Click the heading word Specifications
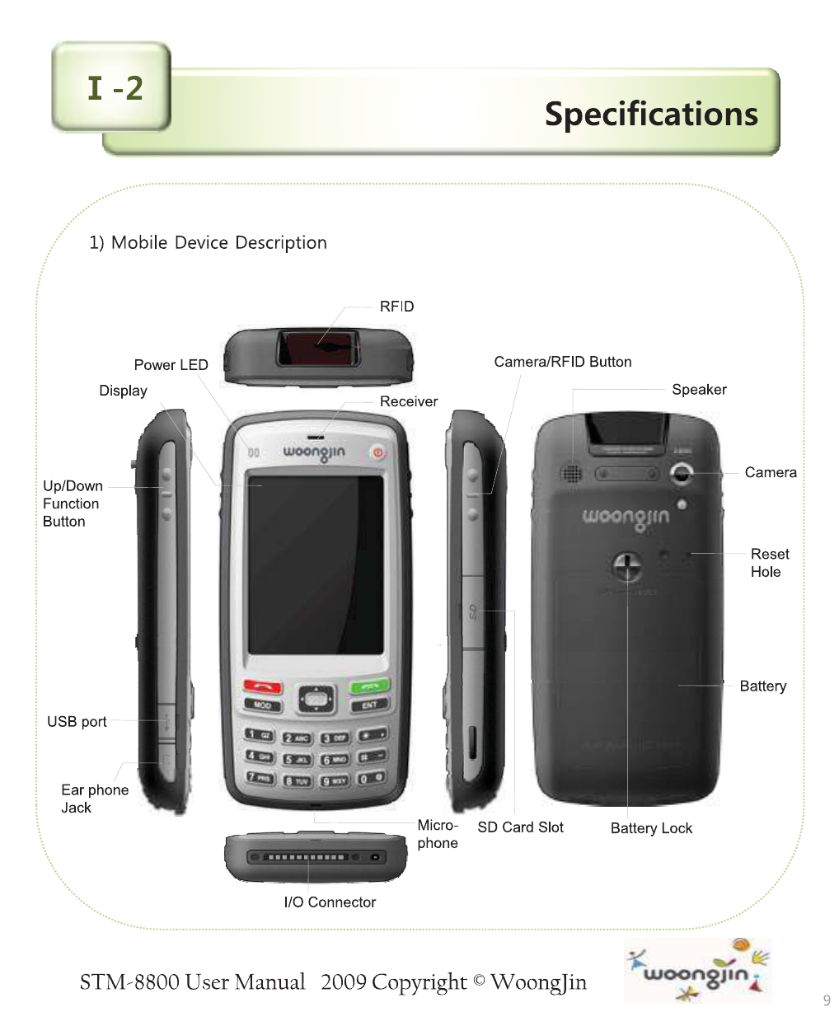point(651,114)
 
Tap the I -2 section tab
point(114,88)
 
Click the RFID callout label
point(396,307)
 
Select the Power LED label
point(171,365)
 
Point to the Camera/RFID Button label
point(562,362)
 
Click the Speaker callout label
point(699,390)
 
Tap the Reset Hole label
point(769,563)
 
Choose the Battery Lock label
point(651,828)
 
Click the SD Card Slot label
point(520,827)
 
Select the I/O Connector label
point(330,902)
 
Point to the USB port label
point(77,722)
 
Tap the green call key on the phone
point(369,686)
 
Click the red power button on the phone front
point(377,452)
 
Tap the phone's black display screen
point(316,565)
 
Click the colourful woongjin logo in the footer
point(697,972)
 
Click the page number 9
point(827,1000)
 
